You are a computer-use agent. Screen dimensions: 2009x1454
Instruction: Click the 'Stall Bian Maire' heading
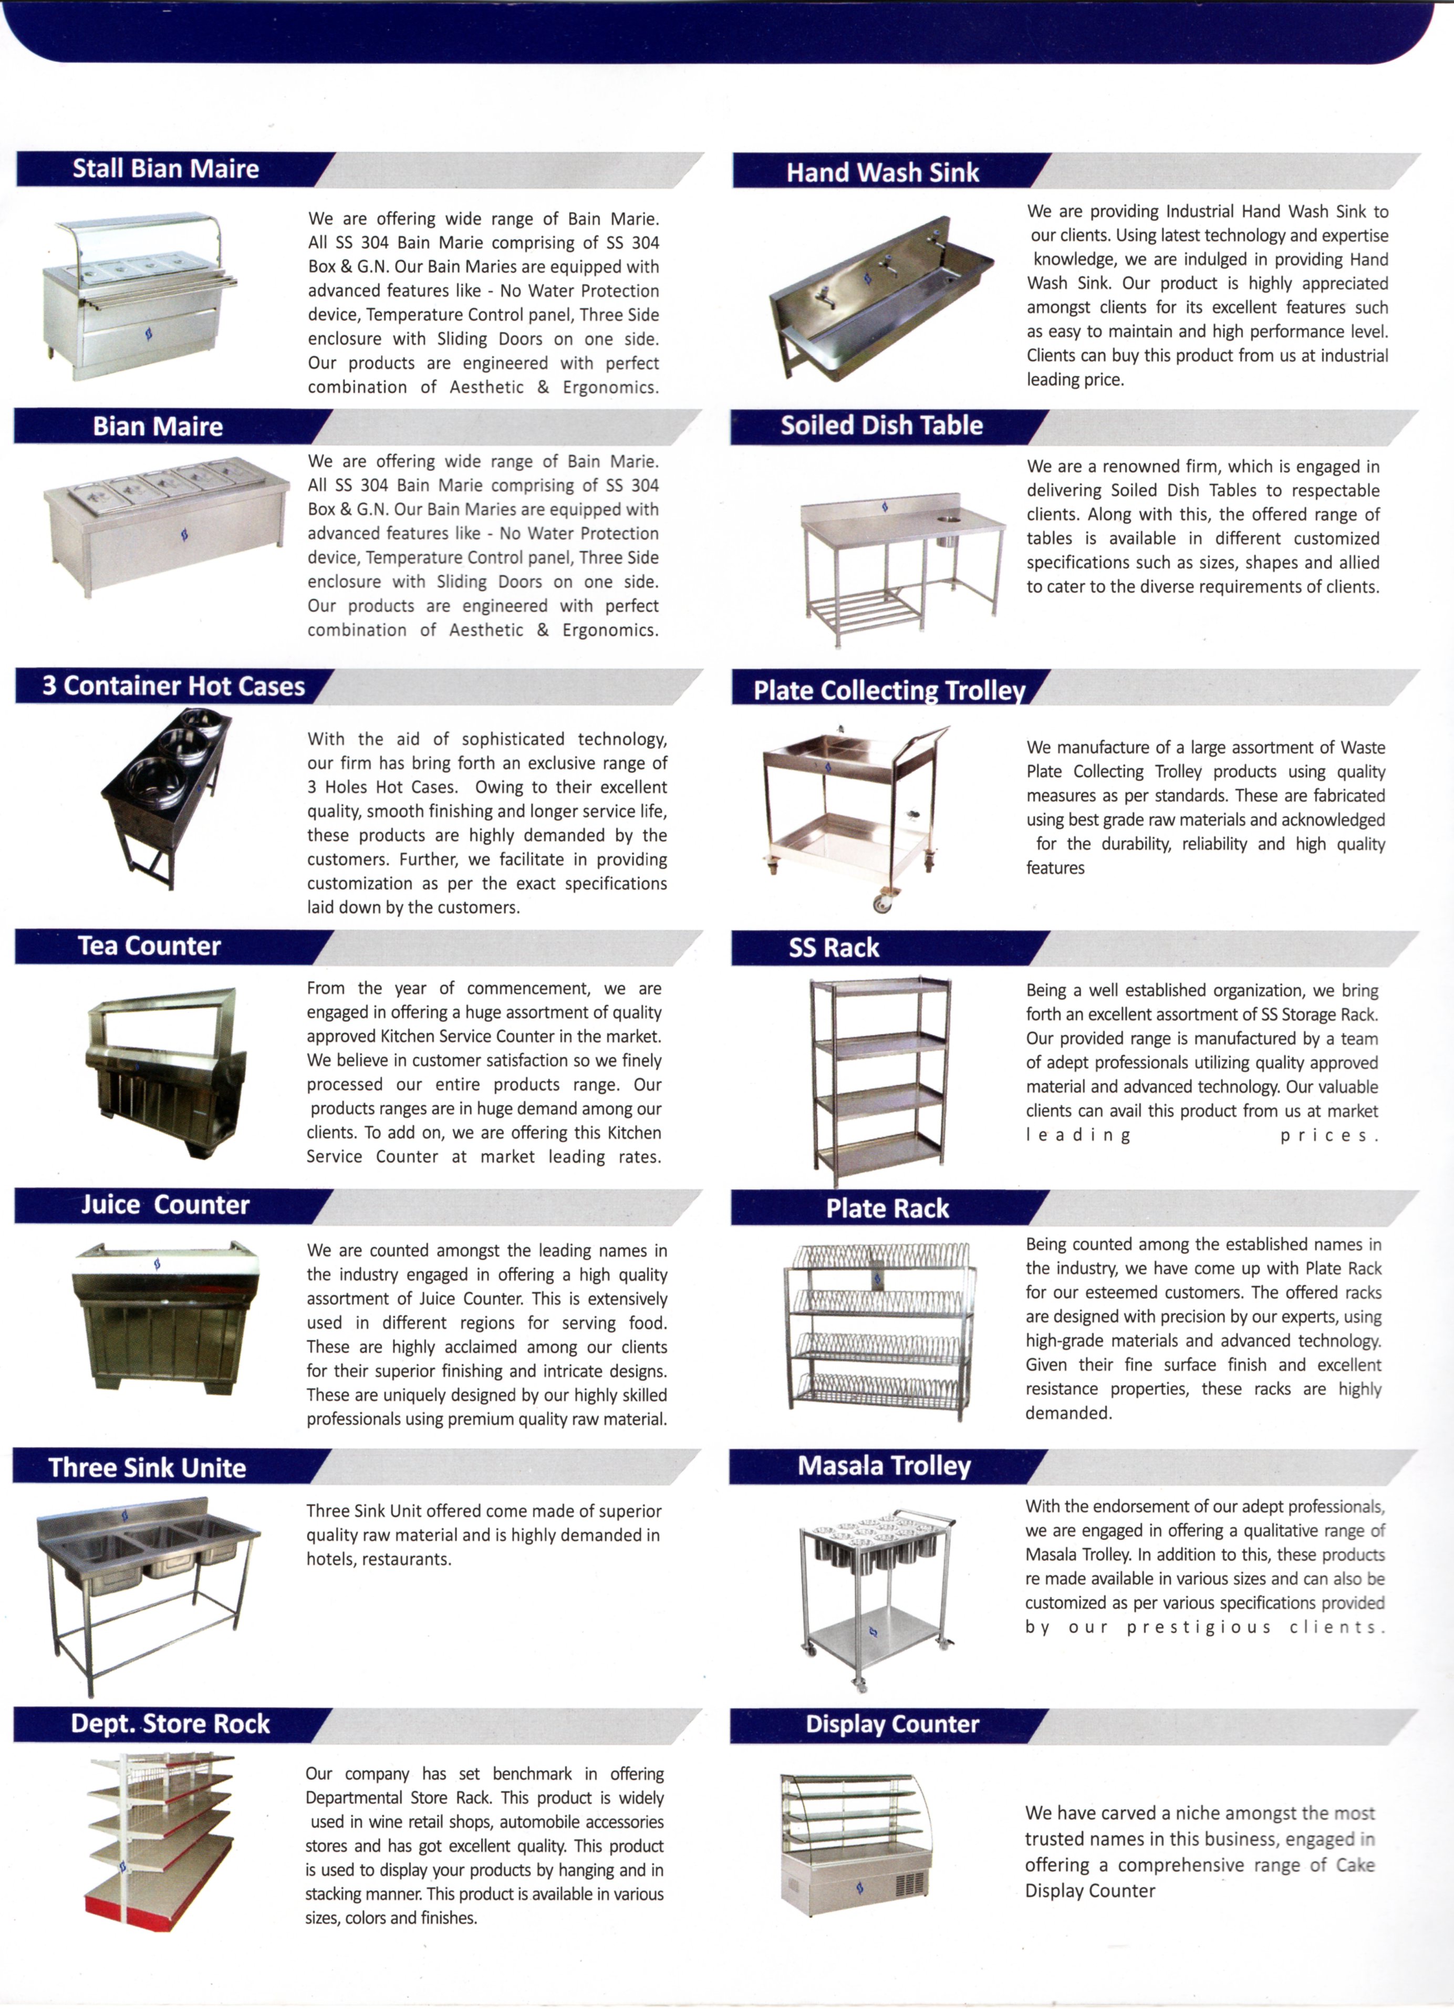point(165,169)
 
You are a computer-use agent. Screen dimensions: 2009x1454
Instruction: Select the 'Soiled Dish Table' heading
point(881,426)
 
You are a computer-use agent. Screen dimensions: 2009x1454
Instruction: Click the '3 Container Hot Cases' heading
point(173,687)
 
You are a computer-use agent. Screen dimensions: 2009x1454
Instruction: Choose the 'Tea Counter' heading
point(150,946)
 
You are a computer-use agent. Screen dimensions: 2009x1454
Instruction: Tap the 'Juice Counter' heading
point(165,1205)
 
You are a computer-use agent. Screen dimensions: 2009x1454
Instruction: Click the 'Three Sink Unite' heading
point(147,1468)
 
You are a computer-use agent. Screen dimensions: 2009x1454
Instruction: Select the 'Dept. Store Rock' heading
point(170,1724)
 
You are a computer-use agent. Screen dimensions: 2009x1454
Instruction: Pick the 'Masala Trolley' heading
point(884,1466)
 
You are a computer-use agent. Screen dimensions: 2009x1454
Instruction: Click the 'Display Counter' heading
point(892,1724)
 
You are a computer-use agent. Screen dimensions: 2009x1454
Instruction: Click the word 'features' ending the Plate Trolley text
point(1055,868)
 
